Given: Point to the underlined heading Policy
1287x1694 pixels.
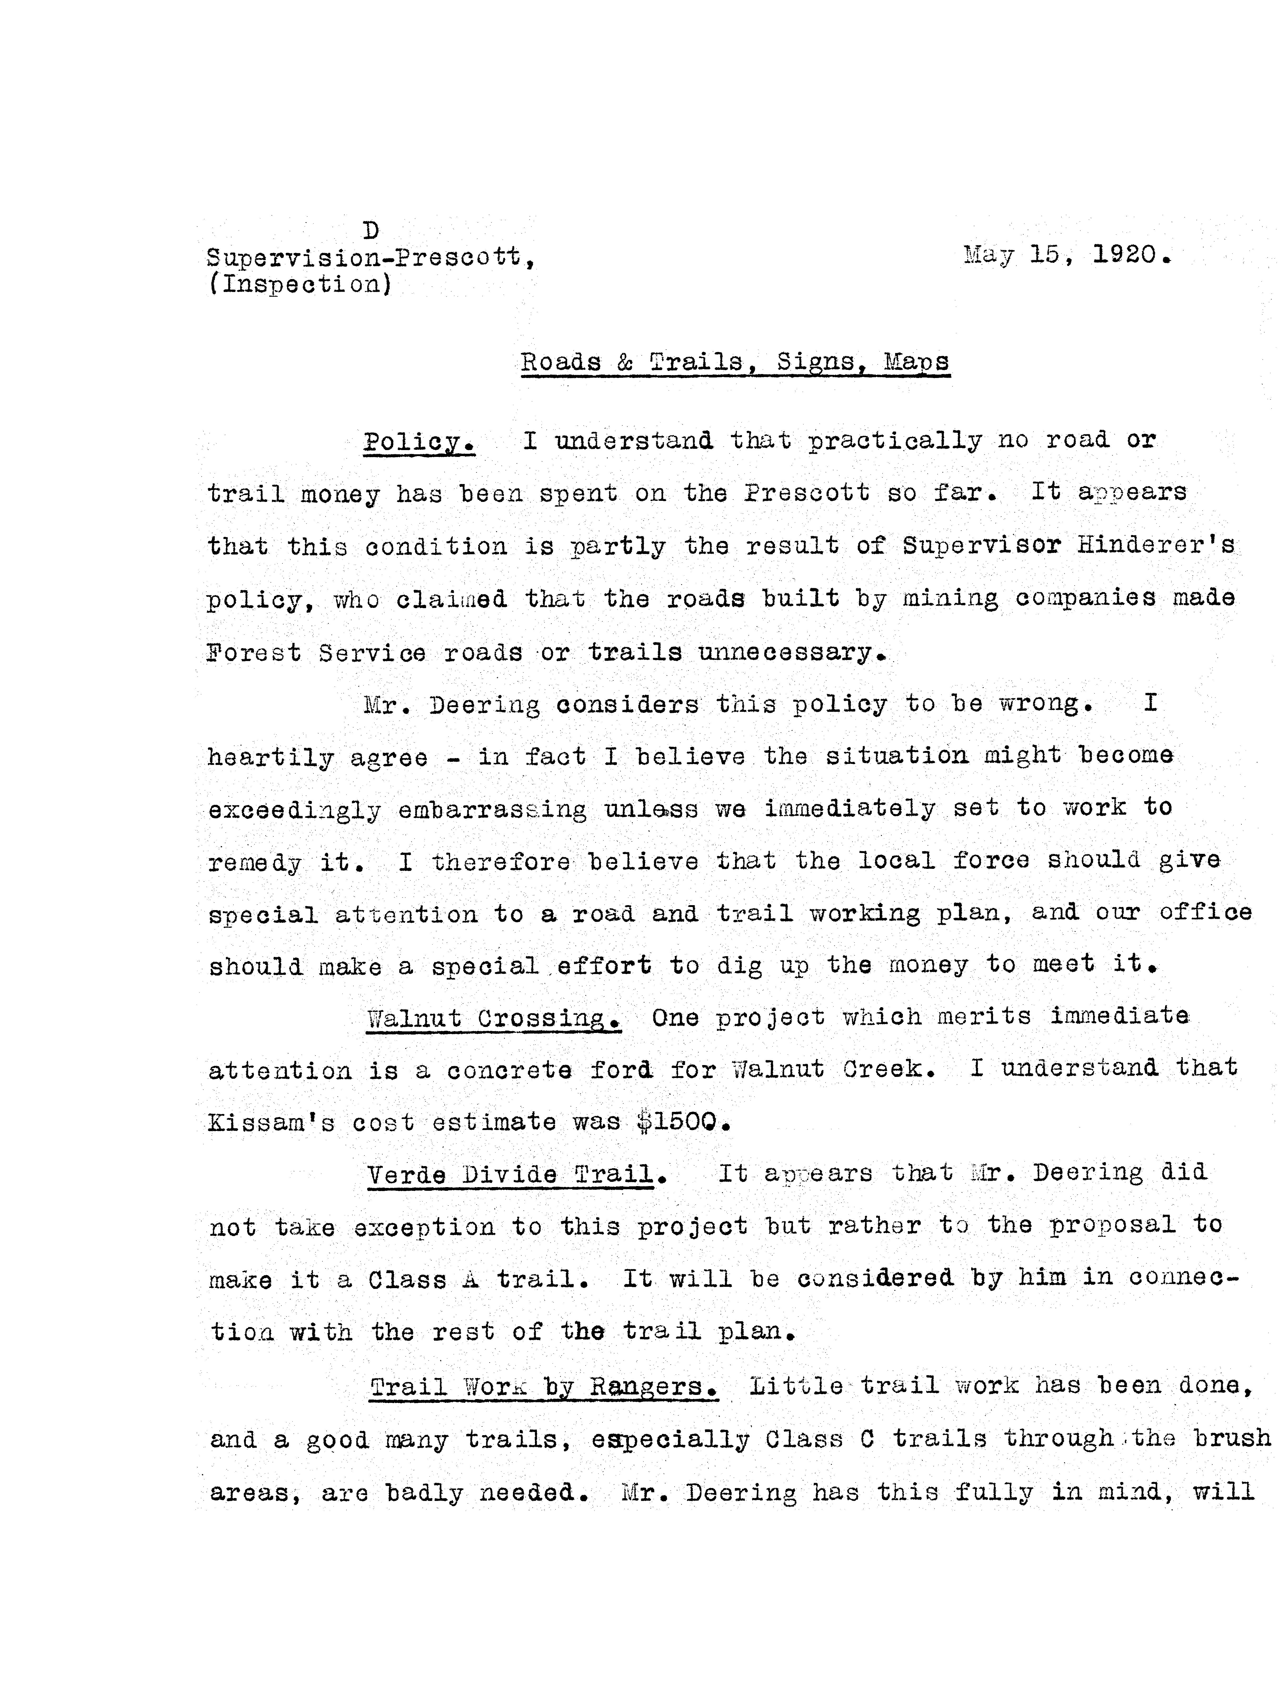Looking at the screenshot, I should (x=418, y=442).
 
